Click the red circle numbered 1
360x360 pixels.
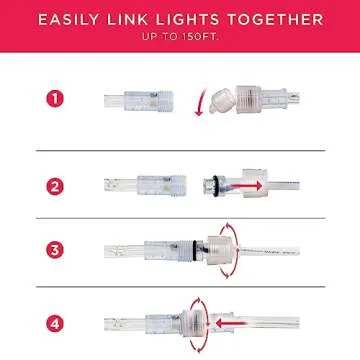(54, 99)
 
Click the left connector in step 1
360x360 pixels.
(140, 99)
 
